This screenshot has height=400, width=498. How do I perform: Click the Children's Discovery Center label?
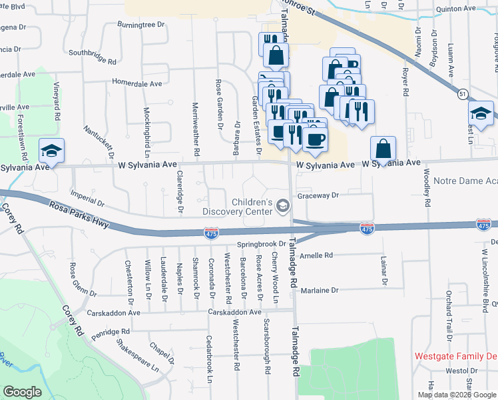click(x=252, y=207)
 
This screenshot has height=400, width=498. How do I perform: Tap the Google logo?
click(x=22, y=392)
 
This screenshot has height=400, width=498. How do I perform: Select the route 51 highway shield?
click(x=462, y=95)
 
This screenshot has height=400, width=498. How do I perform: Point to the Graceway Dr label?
click(x=318, y=195)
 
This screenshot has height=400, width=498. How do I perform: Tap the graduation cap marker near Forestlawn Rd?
click(x=51, y=151)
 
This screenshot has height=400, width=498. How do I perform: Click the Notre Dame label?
click(x=465, y=181)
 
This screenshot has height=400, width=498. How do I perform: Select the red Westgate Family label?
click(x=455, y=356)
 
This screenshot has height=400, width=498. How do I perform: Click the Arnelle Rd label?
click(x=316, y=255)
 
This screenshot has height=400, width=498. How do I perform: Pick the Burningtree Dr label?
click(x=140, y=25)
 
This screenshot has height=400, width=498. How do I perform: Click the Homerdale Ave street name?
click(x=137, y=84)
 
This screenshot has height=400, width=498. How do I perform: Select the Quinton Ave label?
click(x=456, y=10)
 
